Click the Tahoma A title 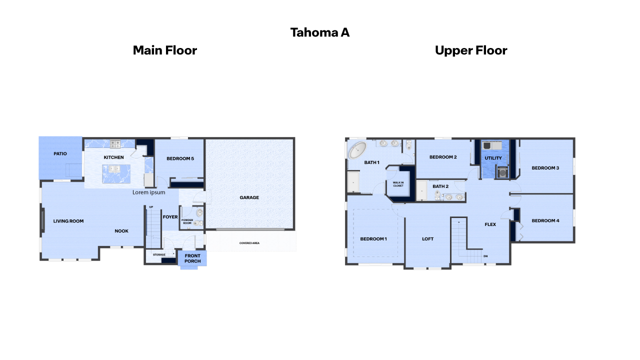320,32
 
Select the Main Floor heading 164,50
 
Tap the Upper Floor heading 471,50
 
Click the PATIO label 60,153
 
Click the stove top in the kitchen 115,144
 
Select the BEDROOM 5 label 180,158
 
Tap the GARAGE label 249,197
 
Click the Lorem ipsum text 148,192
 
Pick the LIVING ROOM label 68,221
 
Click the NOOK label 121,231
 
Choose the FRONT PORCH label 192,258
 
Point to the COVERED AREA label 249,243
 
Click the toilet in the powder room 199,223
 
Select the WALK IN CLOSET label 398,184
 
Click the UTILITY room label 493,158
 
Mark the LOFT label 427,239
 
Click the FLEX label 490,224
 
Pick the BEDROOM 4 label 545,220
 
